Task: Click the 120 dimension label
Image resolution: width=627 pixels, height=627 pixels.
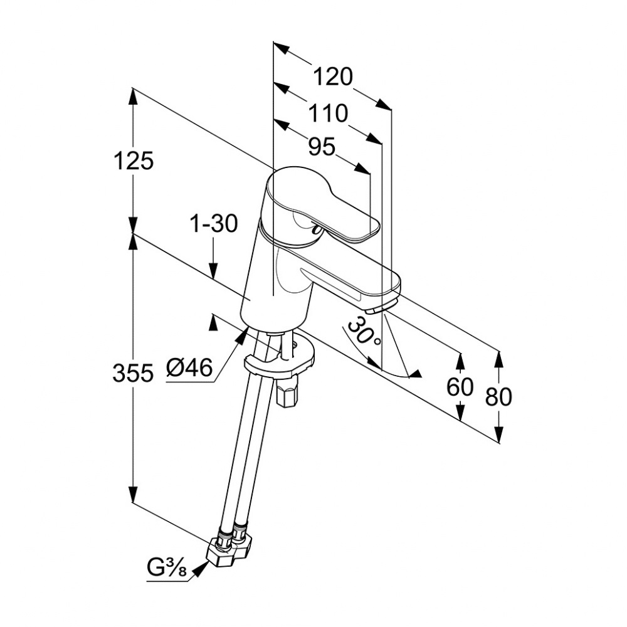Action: (333, 77)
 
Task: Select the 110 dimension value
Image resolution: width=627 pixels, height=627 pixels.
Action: (327, 114)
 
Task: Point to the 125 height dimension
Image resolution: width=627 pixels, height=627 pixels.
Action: (134, 161)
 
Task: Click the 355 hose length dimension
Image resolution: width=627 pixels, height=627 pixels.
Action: (133, 374)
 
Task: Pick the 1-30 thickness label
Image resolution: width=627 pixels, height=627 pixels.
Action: (214, 224)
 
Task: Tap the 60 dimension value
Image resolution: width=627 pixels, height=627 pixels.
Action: (460, 387)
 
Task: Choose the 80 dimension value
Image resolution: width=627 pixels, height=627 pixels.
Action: (498, 396)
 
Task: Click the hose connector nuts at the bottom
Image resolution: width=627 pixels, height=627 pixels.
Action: (229, 547)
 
